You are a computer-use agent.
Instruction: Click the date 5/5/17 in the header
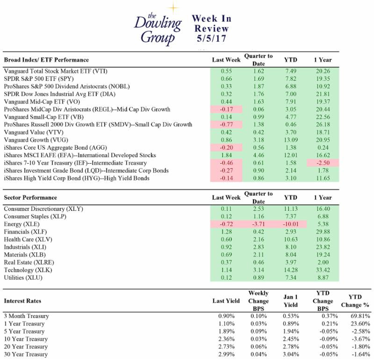(211, 39)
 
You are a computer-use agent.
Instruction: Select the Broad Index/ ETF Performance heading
(46, 60)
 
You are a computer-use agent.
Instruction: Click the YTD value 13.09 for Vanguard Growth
(291, 140)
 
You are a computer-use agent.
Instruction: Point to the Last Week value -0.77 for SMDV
(226, 125)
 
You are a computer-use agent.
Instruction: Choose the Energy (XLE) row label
(22, 224)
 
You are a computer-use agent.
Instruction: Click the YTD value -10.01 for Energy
(291, 224)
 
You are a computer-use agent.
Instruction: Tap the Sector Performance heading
(30, 197)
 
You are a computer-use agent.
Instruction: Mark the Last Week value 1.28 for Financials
(226, 231)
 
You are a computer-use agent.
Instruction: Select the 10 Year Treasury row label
(26, 339)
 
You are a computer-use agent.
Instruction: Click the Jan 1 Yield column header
(291, 301)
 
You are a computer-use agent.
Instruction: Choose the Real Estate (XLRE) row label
(27, 262)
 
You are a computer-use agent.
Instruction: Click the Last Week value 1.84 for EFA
(226, 155)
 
